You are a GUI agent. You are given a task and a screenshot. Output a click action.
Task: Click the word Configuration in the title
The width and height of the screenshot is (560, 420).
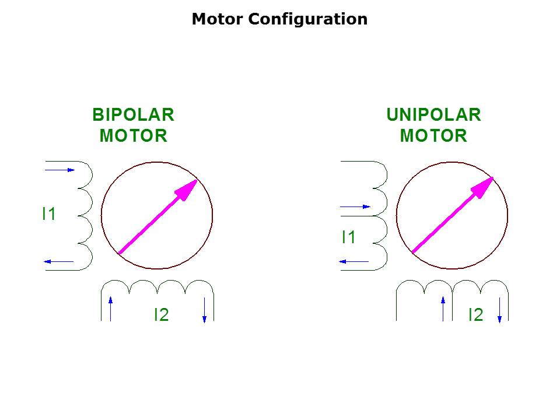[308, 19]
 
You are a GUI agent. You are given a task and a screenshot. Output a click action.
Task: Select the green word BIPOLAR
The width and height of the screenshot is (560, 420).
[133, 115]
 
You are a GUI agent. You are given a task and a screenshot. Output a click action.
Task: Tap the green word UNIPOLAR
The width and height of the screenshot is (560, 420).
[433, 115]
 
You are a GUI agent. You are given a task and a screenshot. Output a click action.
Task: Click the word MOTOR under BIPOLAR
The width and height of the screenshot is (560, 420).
[133, 136]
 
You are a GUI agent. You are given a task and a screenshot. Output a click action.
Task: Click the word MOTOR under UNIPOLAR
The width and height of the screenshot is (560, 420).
[433, 136]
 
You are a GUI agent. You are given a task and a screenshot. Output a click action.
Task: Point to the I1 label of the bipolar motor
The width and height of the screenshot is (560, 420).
[49, 215]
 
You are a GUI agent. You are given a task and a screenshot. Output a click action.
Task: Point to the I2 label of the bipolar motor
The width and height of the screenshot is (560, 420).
[161, 315]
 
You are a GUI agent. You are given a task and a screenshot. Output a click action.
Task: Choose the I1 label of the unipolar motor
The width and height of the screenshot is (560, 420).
[349, 237]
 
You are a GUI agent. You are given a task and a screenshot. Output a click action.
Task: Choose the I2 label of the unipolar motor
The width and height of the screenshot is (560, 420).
[476, 315]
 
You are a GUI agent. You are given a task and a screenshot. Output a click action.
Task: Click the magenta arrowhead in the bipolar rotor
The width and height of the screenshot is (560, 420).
[188, 189]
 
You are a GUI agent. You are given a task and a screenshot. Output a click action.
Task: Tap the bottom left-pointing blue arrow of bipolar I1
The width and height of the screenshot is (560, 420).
[59, 262]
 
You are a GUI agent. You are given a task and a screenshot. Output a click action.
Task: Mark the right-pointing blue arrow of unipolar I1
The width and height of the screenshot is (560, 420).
[355, 206]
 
